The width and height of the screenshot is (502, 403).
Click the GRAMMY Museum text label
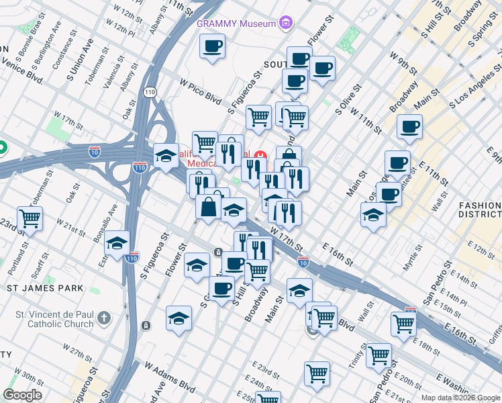236,24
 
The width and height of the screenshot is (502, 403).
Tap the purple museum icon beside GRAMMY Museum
287,24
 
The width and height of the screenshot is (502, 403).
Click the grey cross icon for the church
103,316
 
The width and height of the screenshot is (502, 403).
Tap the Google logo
22,395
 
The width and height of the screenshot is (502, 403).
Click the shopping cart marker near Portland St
30,218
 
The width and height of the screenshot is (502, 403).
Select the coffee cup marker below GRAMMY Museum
213,47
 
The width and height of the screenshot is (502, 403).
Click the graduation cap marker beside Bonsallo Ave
117,244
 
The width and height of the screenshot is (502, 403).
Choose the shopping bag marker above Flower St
209,206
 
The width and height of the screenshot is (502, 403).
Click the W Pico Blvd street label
200,89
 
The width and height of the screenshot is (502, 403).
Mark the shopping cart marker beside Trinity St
379,354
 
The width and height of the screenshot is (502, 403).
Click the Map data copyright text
461,398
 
